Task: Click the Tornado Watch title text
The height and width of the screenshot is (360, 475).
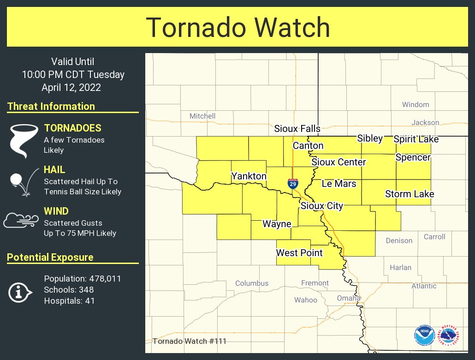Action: click(238, 27)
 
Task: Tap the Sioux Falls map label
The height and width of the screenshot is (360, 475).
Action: click(297, 129)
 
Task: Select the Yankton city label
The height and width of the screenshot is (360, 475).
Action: click(249, 176)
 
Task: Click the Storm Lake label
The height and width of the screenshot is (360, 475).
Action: click(410, 194)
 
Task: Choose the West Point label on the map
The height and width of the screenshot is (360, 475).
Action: click(299, 252)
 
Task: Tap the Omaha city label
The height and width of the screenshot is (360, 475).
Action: click(348, 298)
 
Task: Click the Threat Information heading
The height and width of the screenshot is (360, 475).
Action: click(51, 107)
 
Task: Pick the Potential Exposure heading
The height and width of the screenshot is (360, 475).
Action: click(50, 258)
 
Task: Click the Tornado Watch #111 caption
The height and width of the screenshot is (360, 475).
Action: click(189, 342)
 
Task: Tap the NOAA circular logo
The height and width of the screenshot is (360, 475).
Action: click(424, 336)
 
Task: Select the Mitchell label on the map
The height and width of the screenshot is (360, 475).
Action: click(202, 116)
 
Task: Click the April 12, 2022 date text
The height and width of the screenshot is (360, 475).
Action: click(71, 87)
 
